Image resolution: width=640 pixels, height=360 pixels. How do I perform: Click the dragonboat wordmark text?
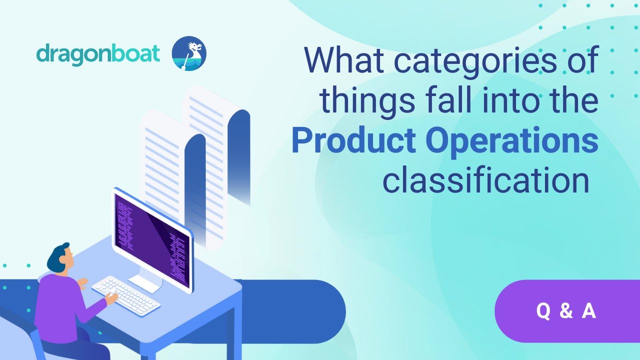98,53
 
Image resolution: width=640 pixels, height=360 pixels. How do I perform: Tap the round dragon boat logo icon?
189,53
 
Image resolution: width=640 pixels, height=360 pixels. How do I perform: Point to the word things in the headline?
367,100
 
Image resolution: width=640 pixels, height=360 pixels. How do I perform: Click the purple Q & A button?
566,311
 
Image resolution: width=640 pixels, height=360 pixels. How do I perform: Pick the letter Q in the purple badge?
543,311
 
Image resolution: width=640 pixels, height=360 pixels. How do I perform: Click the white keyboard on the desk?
125,294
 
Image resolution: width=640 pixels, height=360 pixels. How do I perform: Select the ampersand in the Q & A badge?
566,311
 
